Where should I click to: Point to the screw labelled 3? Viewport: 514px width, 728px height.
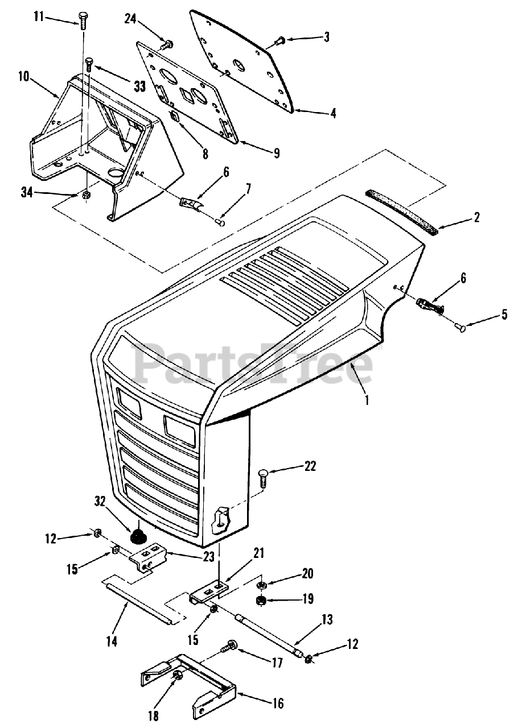(x=279, y=40)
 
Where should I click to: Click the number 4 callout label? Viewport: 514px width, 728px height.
(x=332, y=113)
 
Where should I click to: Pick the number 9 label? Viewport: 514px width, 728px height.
(x=276, y=152)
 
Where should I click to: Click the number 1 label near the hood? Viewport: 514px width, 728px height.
(x=367, y=399)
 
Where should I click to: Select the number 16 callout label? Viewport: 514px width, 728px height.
(x=278, y=704)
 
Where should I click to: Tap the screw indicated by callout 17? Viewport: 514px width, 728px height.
(x=230, y=646)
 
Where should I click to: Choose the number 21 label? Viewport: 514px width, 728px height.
(x=260, y=552)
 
